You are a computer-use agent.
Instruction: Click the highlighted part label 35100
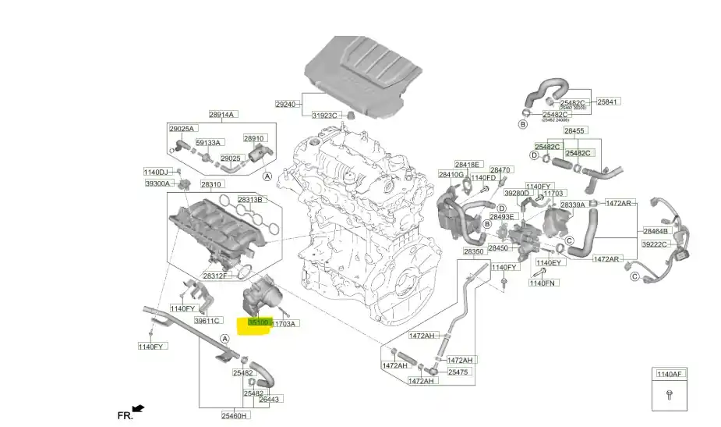point(258,322)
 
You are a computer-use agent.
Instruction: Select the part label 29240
point(286,104)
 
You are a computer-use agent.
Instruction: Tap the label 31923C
point(325,116)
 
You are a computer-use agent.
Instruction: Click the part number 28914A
point(221,114)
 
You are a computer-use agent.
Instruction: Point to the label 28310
point(211,185)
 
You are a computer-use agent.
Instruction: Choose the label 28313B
point(250,199)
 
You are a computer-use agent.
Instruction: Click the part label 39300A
point(157,183)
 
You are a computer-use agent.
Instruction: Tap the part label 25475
point(458,372)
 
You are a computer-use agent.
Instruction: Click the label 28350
point(475,252)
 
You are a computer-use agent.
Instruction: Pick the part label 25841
point(608,101)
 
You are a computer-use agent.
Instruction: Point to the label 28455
point(575,130)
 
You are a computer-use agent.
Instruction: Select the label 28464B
point(656,231)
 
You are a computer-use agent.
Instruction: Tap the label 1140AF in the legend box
point(668,375)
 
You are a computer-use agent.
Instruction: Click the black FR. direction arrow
point(139,408)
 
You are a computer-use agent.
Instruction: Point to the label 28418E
point(468,165)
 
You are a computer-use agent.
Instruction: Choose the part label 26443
point(269,399)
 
